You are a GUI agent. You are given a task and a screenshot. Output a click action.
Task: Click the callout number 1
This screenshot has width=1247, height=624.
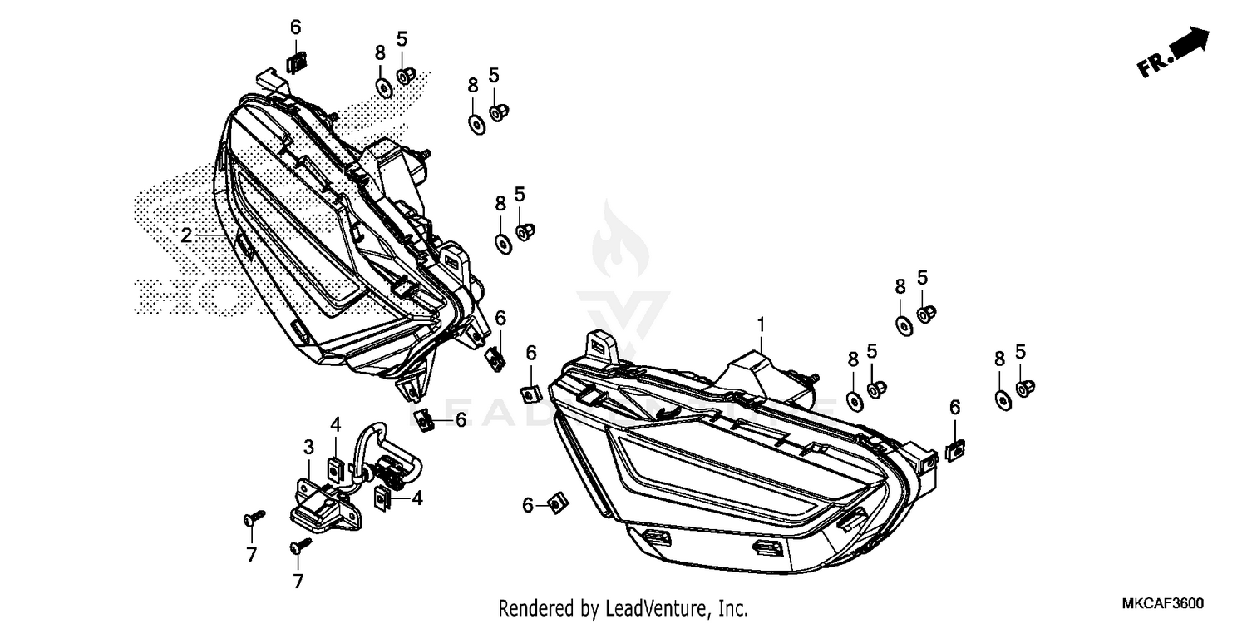point(759,322)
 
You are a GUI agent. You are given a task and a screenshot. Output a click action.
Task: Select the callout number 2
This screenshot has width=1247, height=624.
point(186,235)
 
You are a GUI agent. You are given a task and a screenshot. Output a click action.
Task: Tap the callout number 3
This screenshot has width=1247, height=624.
point(308,448)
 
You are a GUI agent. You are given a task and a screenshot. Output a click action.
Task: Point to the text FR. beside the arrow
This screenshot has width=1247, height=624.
point(1156,65)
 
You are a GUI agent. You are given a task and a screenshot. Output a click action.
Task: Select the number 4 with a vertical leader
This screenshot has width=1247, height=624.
point(336,425)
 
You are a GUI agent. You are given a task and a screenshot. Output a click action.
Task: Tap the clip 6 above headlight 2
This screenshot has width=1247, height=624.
point(296,62)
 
